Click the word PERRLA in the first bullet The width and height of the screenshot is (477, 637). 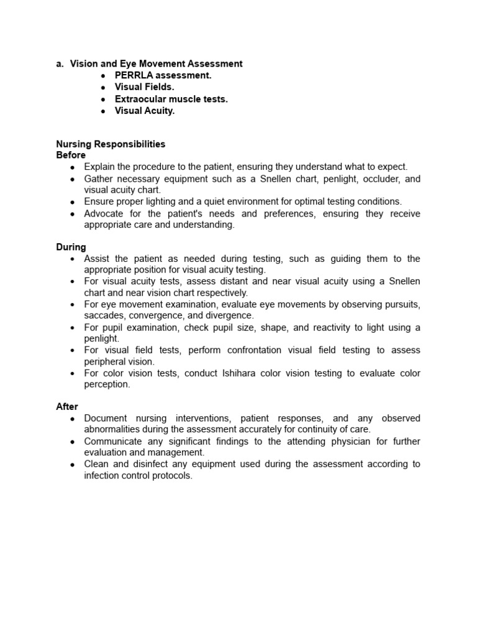point(134,75)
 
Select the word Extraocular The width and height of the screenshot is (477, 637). point(140,99)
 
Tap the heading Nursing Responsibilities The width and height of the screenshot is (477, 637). point(111,144)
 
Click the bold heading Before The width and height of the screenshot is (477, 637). point(71,155)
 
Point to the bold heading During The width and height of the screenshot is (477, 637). point(71,247)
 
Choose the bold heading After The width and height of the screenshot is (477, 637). point(67,407)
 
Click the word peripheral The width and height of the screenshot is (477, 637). point(105,361)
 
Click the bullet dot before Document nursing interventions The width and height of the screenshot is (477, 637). point(73,419)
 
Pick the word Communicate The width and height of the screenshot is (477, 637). point(114,442)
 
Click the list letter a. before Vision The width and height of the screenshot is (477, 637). point(60,63)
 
